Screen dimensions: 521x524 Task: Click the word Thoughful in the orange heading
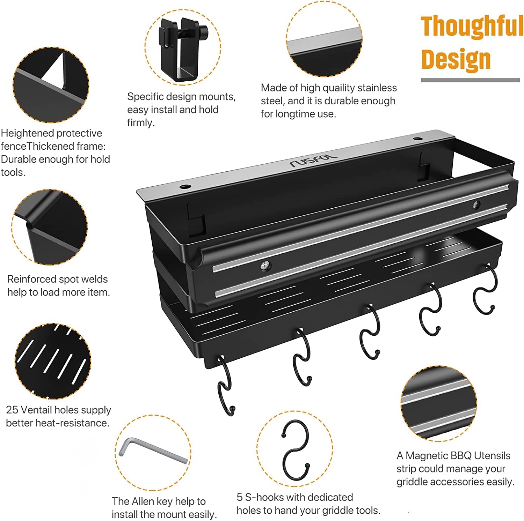click(472, 26)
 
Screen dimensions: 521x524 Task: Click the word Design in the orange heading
click(456, 59)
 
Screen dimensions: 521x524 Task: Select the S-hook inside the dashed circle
click(296, 450)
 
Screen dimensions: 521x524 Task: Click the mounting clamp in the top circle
click(182, 49)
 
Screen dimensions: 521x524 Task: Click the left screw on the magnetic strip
click(266, 266)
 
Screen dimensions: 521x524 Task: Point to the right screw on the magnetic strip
click(476, 204)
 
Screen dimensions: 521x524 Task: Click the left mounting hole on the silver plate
click(185, 186)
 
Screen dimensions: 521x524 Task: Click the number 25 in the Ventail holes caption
click(12, 410)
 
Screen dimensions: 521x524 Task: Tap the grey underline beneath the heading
click(470, 80)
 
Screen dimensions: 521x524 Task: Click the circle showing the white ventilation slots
click(52, 361)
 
